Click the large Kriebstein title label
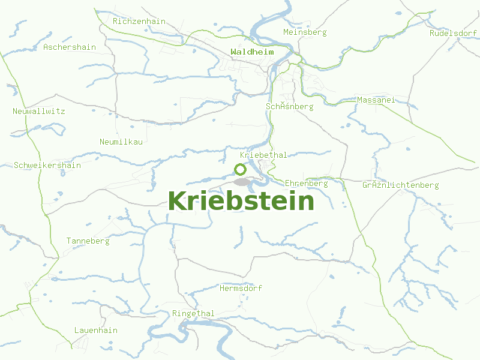click(x=241, y=201)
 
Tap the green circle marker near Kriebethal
click(x=240, y=169)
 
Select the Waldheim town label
click(x=252, y=52)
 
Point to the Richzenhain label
click(x=139, y=21)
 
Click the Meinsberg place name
click(x=305, y=32)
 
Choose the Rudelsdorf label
click(x=453, y=33)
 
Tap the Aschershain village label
click(x=70, y=47)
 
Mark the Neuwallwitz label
click(x=39, y=111)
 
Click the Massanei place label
click(x=376, y=100)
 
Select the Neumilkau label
click(x=121, y=142)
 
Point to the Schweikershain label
click(x=47, y=165)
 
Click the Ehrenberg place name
click(x=307, y=183)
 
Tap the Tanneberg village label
click(x=88, y=241)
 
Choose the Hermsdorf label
click(x=241, y=289)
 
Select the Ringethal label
click(x=193, y=314)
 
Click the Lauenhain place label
click(x=96, y=331)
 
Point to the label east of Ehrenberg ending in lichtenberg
click(x=400, y=185)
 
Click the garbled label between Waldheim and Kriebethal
click(x=289, y=107)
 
